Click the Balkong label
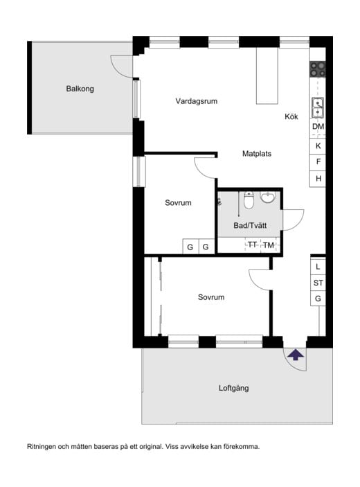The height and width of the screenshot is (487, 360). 80,89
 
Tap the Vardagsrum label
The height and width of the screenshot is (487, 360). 196,101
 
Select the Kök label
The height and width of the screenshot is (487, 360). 291,116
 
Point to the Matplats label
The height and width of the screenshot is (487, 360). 257,153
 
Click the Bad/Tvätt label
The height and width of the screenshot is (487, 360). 250,225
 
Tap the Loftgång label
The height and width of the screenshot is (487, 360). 234,388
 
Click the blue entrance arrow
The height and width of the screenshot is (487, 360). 296,355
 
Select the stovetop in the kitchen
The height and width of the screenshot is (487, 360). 318,69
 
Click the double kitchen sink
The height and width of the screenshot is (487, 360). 318,107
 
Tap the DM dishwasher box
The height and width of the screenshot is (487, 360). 318,127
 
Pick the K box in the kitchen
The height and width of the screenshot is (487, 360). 318,145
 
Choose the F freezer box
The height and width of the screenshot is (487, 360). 318,162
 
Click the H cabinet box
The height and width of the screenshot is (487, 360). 318,179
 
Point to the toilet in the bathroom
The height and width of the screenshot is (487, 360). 249,200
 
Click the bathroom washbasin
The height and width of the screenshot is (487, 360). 267,197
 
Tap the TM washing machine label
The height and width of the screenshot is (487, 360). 269,245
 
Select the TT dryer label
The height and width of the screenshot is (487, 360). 252,245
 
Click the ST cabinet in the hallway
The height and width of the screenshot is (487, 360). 318,283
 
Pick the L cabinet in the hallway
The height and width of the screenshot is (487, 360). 318,267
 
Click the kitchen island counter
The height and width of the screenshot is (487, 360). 267,76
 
